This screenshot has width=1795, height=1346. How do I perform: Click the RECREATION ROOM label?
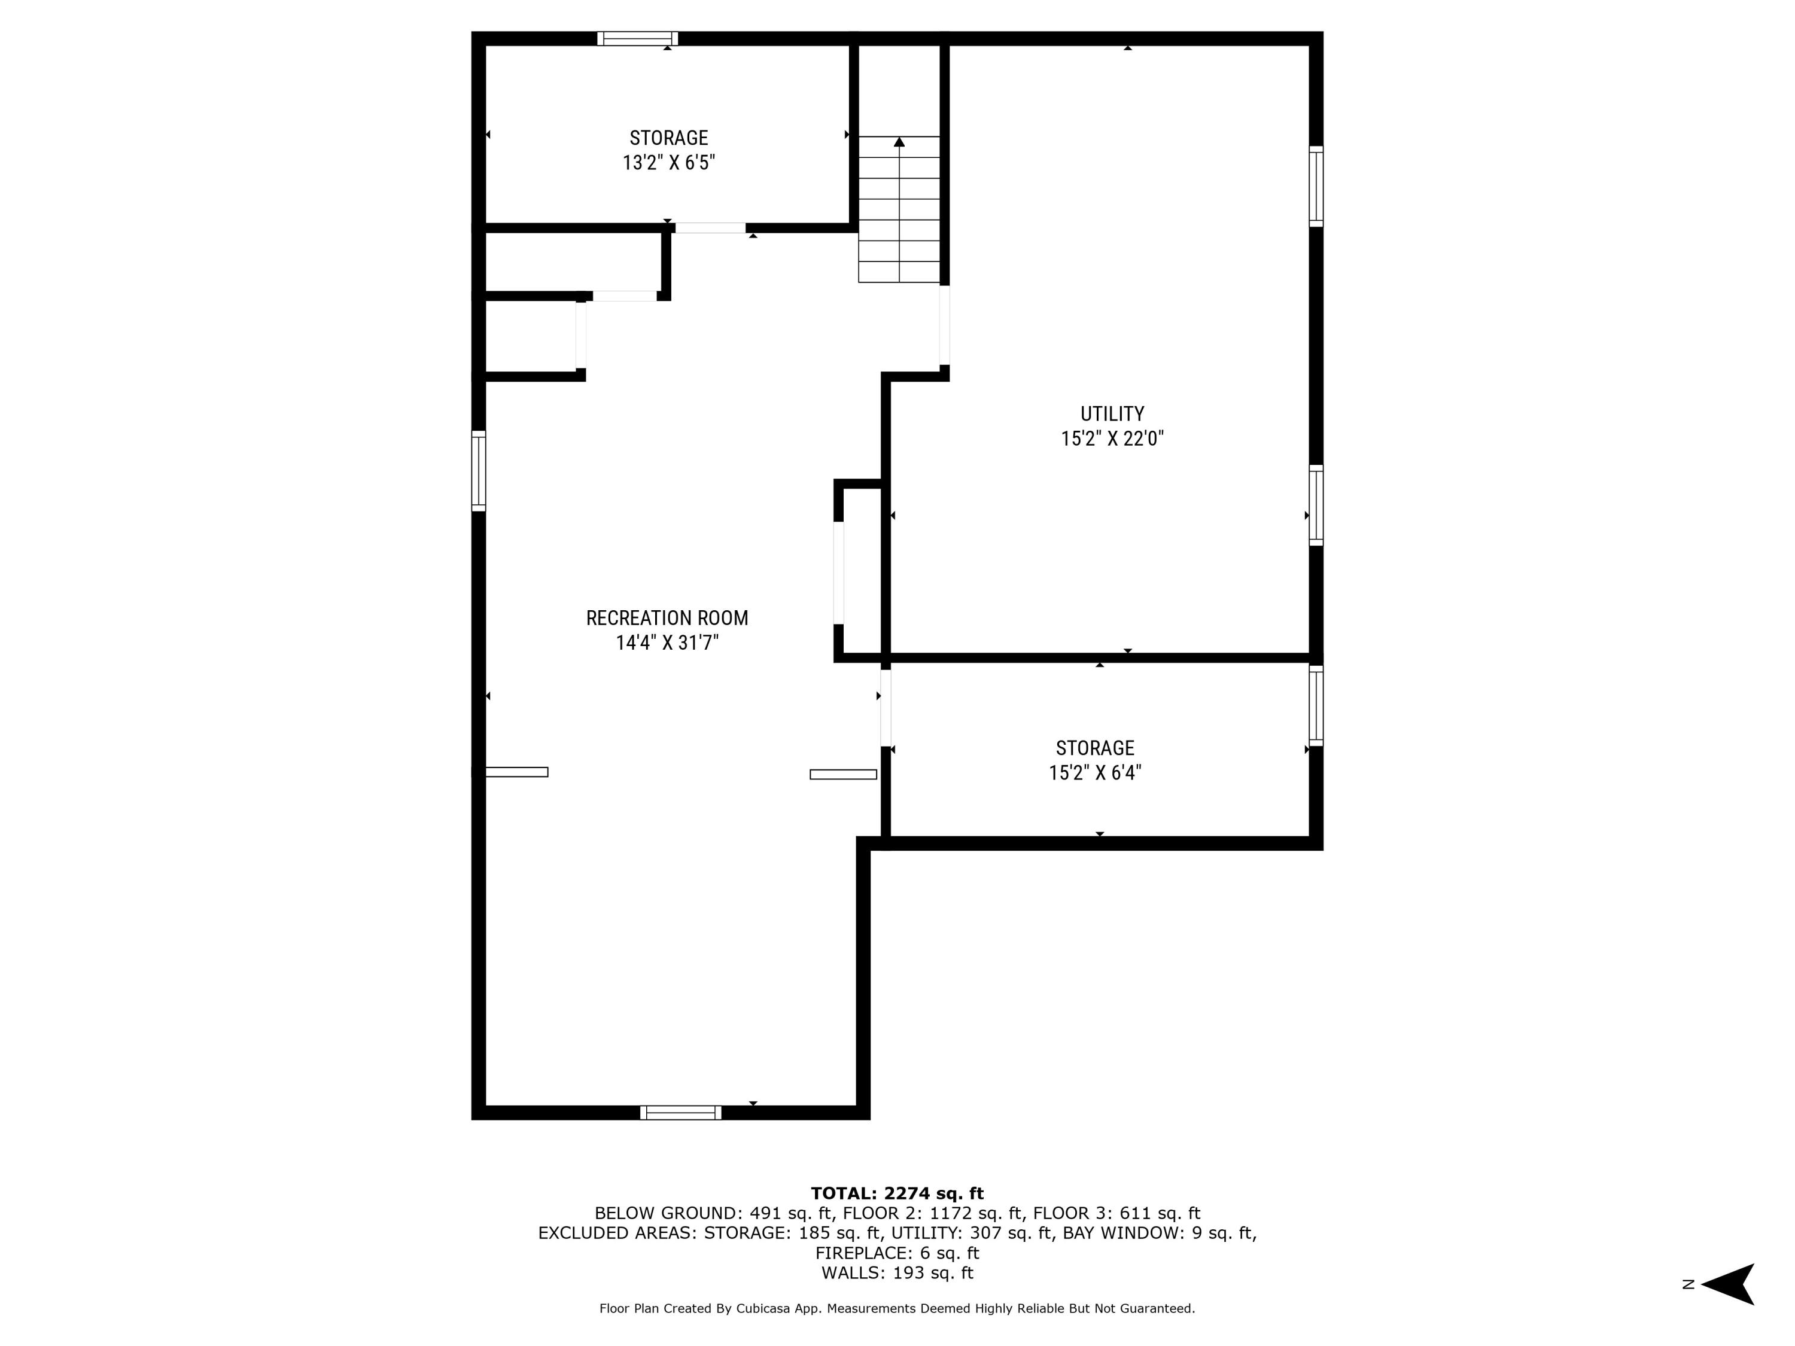[667, 618]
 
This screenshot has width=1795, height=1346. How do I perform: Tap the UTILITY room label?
[1112, 414]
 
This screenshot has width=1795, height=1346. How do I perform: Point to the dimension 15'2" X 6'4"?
[1095, 772]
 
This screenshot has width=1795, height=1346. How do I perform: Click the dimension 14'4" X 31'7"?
[667, 643]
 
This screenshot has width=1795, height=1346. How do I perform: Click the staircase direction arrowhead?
[899, 142]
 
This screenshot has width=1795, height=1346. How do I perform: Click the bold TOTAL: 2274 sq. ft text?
[897, 1193]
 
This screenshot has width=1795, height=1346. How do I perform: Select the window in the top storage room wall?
[638, 38]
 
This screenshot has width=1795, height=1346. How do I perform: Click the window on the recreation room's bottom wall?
[681, 1112]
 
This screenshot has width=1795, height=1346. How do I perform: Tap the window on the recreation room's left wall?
[479, 471]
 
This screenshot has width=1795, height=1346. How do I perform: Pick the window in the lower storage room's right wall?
[1316, 706]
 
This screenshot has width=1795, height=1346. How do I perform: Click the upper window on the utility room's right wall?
[1316, 186]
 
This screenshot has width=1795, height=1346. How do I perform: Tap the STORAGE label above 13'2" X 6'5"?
[669, 138]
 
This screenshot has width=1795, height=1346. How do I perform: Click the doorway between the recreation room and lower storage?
[886, 708]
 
